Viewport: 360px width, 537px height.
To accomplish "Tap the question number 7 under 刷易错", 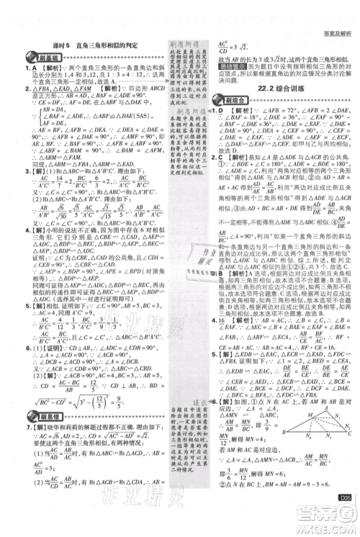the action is click(x=8, y=426).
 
